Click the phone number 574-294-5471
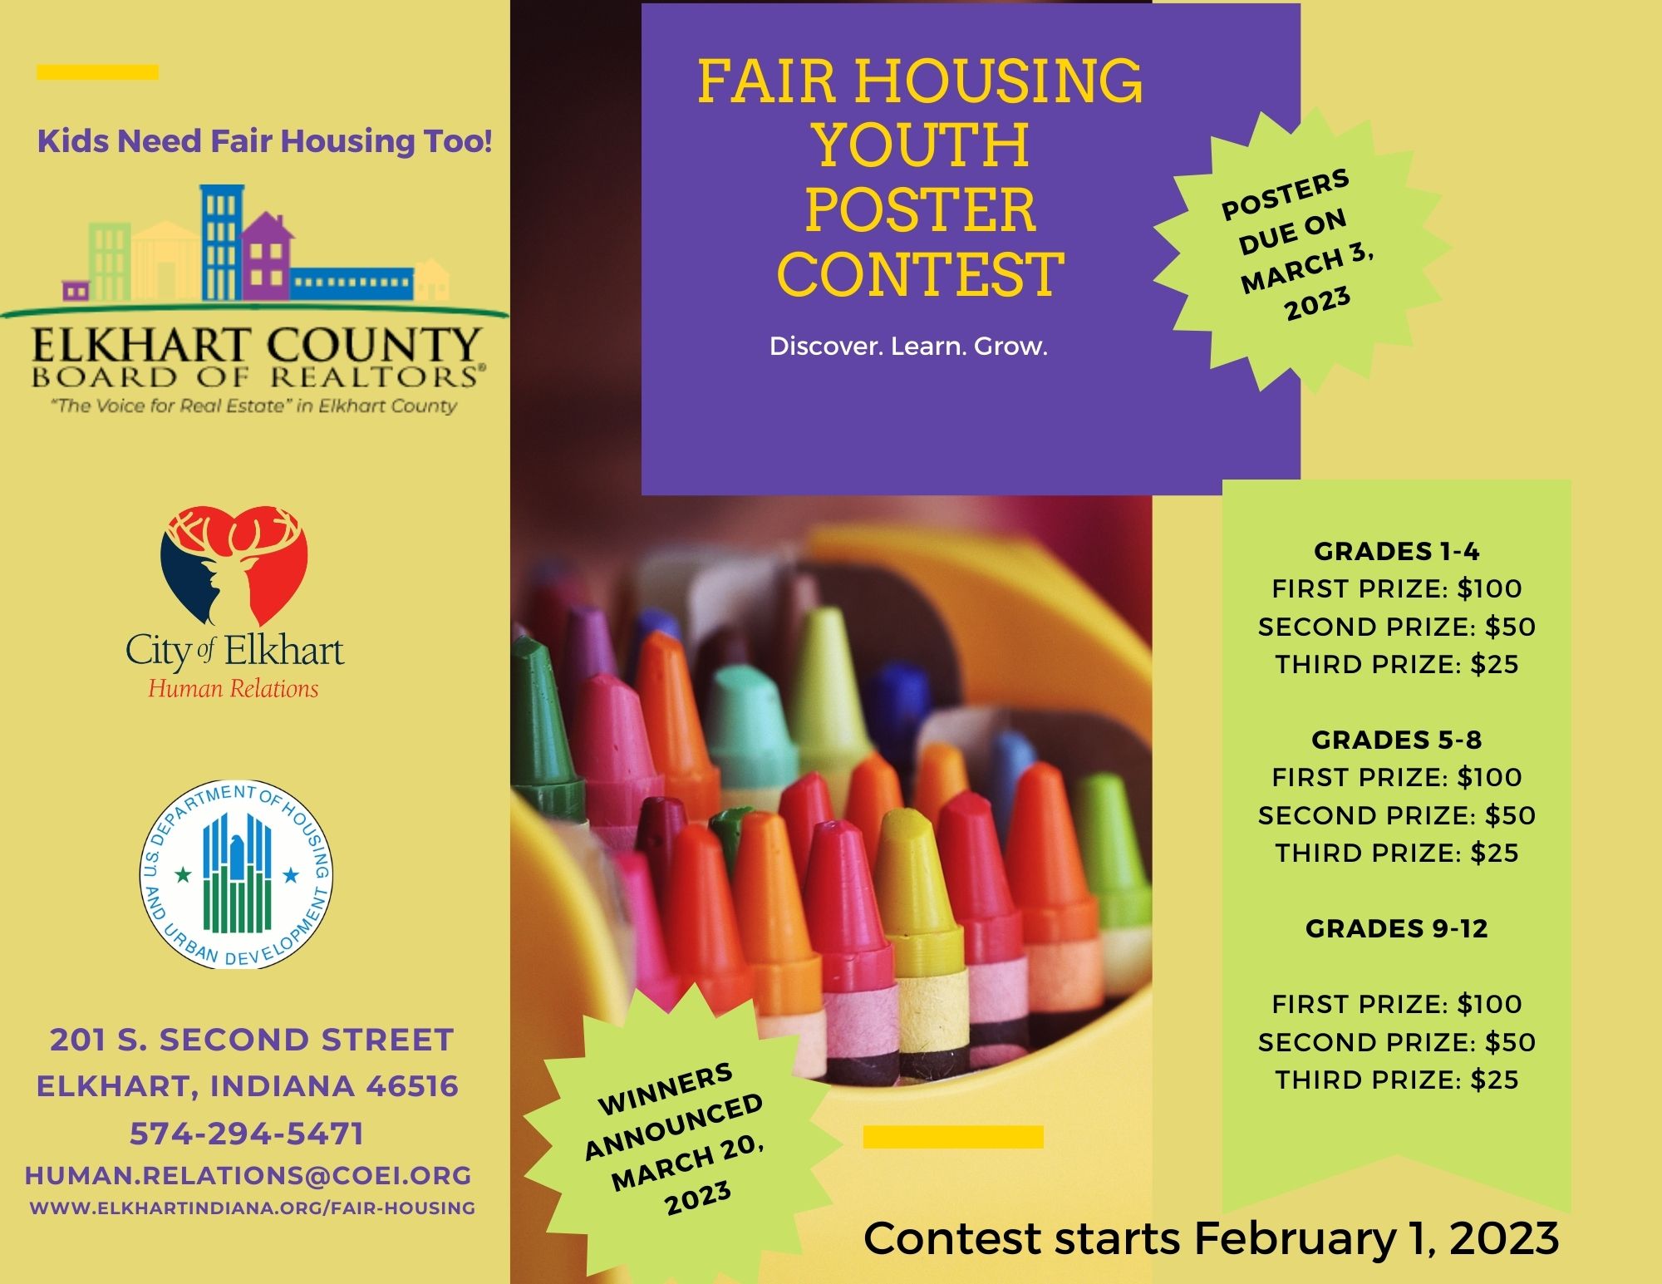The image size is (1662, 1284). [x=247, y=1134]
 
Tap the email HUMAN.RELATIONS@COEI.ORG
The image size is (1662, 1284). [x=248, y=1175]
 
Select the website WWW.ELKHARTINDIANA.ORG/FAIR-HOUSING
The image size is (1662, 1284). [x=253, y=1208]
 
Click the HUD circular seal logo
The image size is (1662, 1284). [x=237, y=874]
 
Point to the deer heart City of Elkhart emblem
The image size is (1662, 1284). [x=235, y=565]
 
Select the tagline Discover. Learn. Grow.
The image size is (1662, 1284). [x=908, y=346]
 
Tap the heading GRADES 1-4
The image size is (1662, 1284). [x=1396, y=551]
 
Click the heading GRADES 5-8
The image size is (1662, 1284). [x=1396, y=740]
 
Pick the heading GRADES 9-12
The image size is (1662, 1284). [x=1396, y=928]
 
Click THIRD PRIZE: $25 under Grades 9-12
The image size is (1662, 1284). [x=1397, y=1080]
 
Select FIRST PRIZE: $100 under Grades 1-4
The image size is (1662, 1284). [x=1397, y=588]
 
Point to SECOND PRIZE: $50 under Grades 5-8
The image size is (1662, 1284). [x=1397, y=815]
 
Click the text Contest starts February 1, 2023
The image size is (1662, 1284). [x=1211, y=1238]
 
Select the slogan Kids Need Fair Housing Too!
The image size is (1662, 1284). [x=265, y=141]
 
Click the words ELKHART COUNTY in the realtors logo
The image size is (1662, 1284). [x=256, y=345]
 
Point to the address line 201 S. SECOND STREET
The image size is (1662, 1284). [x=252, y=1040]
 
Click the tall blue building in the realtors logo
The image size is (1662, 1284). [x=222, y=241]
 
